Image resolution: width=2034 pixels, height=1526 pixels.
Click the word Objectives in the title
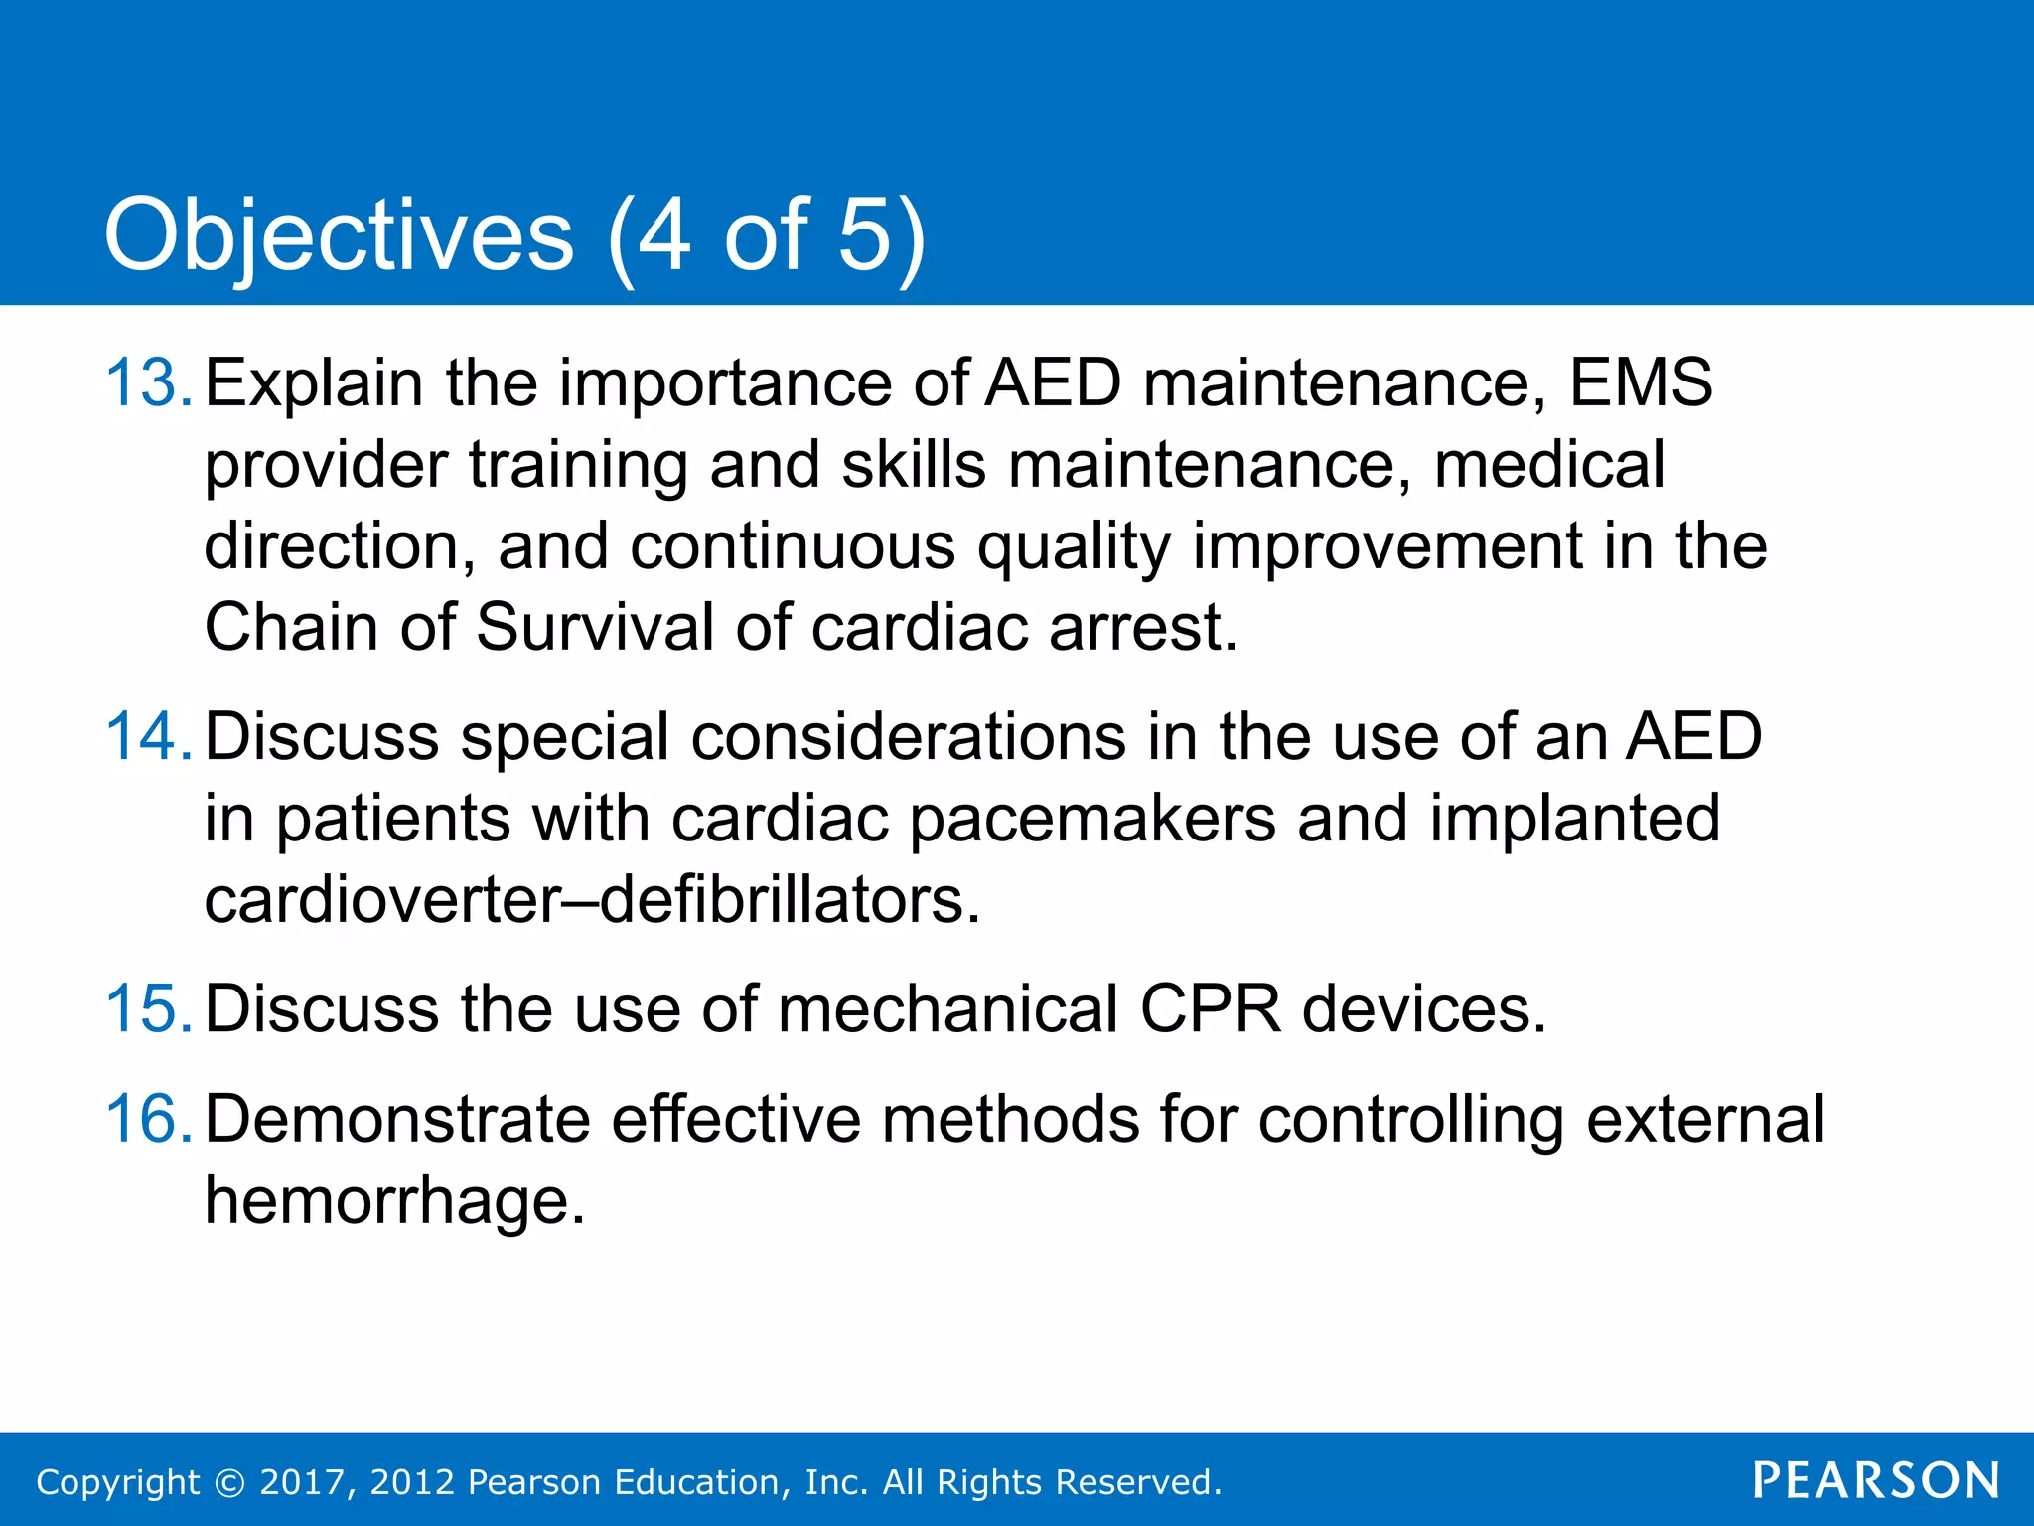pos(339,236)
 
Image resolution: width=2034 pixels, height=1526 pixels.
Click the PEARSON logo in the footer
pos(1876,1481)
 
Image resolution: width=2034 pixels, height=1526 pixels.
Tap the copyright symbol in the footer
pos(229,1482)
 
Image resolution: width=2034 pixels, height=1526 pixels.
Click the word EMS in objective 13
pos(1641,382)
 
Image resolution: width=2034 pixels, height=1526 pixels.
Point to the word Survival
pos(595,628)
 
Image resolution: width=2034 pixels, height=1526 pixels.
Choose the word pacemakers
pos(1092,820)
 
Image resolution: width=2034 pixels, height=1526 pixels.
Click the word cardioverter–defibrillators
pos(592,900)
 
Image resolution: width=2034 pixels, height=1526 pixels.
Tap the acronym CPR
pos(1211,1009)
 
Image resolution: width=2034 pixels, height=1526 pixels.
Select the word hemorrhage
pos(394,1201)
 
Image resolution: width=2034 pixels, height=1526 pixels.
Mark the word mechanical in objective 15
pos(948,1009)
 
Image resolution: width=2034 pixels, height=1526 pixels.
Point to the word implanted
pos(1574,820)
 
